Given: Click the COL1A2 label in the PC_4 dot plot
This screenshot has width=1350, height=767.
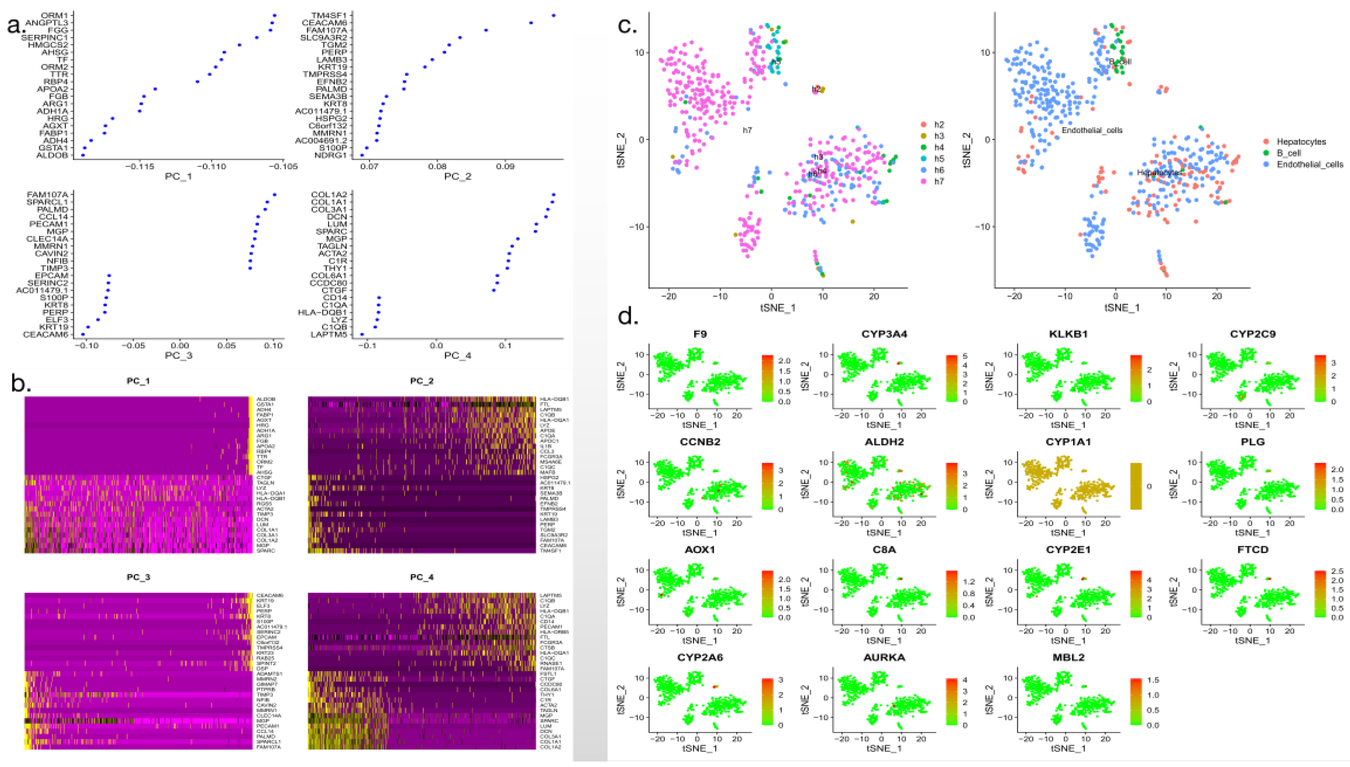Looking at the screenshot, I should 329,195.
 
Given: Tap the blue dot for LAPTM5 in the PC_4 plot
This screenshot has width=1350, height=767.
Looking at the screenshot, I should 361,334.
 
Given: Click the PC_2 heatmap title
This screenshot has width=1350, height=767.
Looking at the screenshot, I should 421,380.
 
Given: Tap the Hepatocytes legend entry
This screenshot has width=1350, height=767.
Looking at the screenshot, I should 1301,142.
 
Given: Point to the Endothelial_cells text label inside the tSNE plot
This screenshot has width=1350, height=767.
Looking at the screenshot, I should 1092,130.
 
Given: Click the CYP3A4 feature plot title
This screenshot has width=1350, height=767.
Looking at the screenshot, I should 884,334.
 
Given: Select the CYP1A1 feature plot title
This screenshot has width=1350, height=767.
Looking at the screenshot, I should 1068,442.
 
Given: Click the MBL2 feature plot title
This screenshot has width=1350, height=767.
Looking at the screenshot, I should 1068,657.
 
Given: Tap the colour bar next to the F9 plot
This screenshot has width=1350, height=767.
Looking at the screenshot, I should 767,378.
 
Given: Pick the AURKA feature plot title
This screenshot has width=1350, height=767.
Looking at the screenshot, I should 884,657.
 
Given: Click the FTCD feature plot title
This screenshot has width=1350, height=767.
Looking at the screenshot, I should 1253,550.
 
